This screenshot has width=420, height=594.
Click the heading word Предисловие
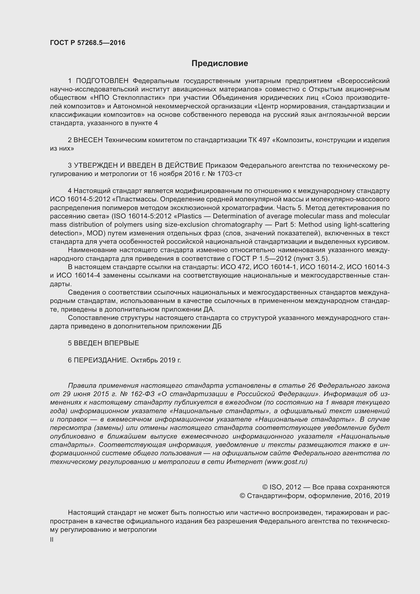(x=220, y=63)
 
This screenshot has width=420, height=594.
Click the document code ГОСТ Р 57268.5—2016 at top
(x=87, y=43)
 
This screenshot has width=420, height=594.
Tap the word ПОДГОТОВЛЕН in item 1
(x=102, y=81)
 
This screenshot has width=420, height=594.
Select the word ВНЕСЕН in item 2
(x=88, y=140)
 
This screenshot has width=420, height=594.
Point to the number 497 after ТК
(x=264, y=140)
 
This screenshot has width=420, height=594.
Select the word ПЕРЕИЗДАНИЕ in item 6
(x=101, y=360)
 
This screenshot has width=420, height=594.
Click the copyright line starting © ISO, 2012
(x=326, y=487)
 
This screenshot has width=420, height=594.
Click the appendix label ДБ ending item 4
(x=217, y=327)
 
